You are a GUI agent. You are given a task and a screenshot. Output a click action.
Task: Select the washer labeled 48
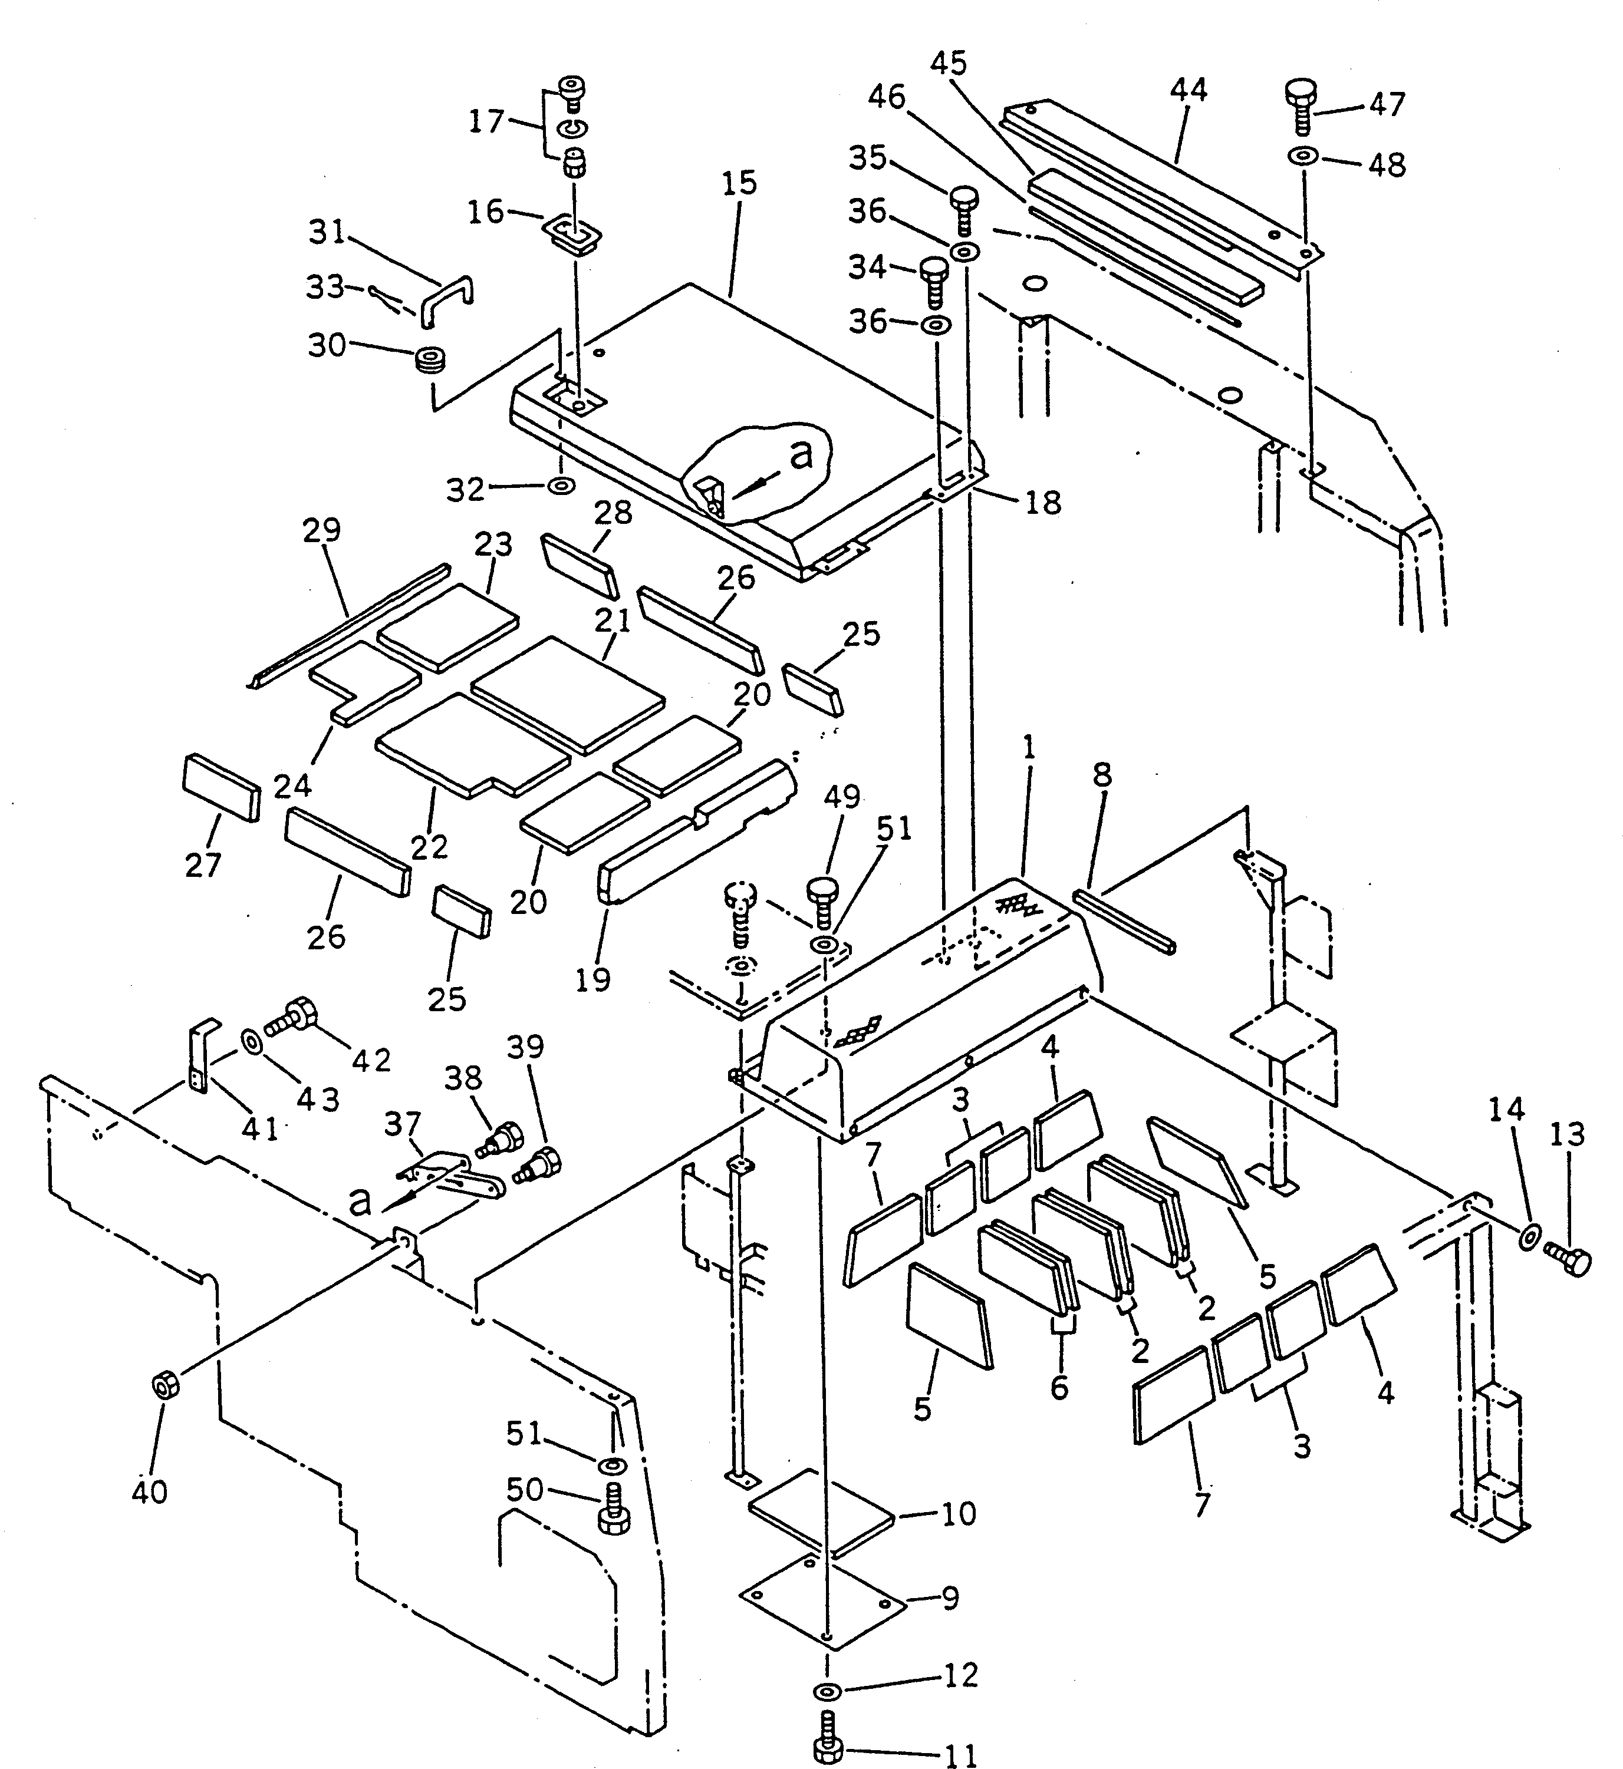coord(1302,156)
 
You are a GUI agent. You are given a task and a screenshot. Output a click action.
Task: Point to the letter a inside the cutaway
coord(800,455)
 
